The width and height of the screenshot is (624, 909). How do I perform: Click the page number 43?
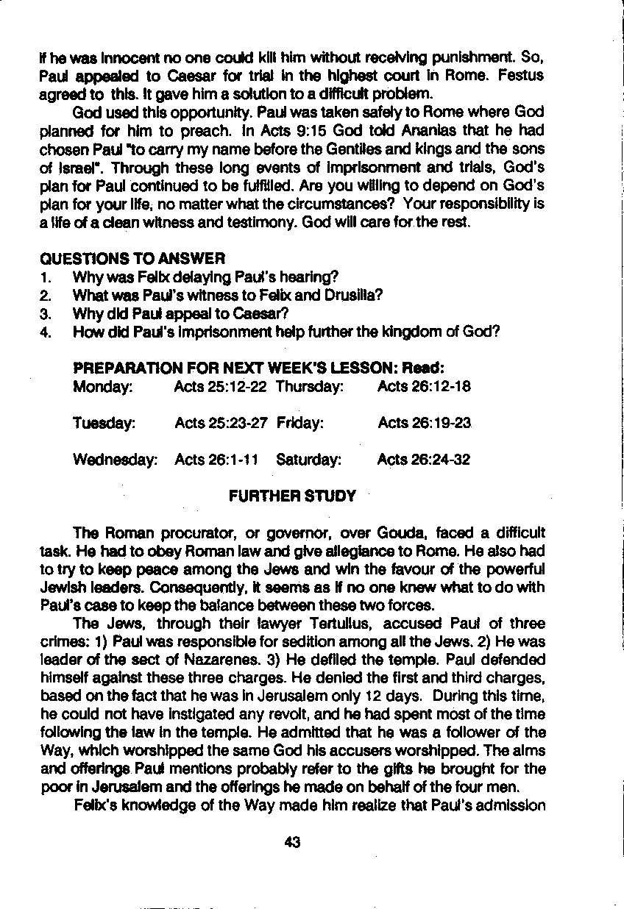(292, 843)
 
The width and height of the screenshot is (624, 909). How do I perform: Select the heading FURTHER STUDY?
(292, 496)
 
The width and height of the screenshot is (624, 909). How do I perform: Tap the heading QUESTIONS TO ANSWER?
(132, 258)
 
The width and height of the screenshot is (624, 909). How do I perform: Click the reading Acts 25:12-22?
(221, 387)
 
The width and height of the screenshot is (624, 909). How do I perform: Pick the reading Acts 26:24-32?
(424, 460)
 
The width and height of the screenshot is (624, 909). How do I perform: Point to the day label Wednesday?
(116, 460)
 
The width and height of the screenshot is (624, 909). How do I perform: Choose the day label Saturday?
(309, 460)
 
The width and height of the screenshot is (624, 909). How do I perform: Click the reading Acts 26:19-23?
(424, 424)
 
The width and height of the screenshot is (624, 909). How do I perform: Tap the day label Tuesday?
(104, 424)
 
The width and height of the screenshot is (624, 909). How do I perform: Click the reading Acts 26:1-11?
(216, 460)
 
